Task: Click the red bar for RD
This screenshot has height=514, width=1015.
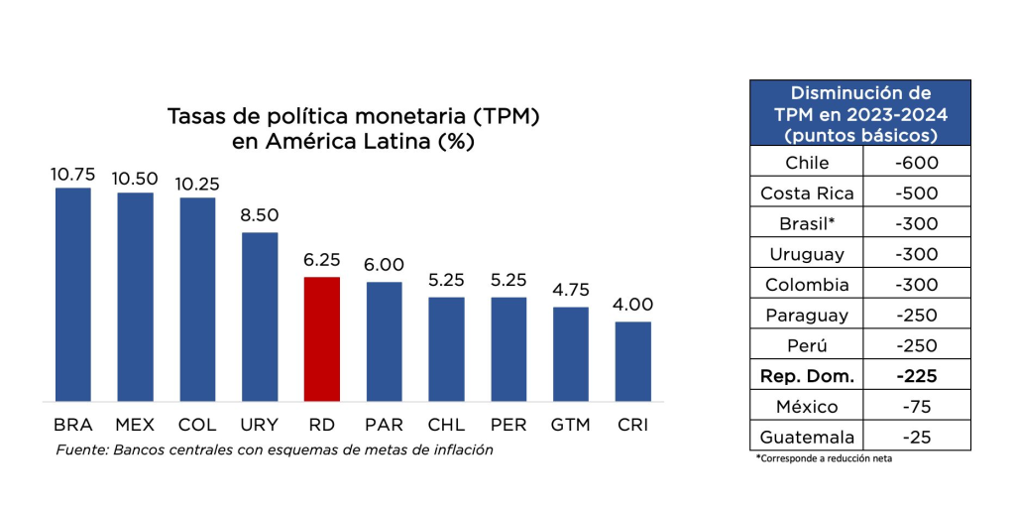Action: click(321, 338)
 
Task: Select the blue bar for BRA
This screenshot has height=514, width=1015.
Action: click(72, 294)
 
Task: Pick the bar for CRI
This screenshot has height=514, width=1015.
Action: click(632, 361)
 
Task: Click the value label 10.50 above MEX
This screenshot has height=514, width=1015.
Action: click(135, 178)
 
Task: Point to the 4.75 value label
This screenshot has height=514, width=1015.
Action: click(570, 291)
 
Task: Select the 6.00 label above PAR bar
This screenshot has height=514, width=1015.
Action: click(384, 266)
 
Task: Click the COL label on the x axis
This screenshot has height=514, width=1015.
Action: click(197, 425)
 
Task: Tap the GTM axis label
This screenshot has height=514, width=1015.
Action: click(570, 425)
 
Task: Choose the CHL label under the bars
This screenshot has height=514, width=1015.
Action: click(446, 425)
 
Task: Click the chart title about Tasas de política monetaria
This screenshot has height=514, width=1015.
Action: click(353, 128)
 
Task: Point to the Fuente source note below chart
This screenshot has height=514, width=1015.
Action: click(275, 450)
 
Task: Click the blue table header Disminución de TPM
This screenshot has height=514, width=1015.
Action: click(860, 114)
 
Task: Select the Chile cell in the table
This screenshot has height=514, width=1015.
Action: click(807, 163)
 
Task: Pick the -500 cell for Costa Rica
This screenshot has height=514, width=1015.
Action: click(916, 193)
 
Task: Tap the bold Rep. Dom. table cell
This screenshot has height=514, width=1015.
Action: click(807, 376)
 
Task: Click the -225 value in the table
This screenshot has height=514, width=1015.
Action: click(916, 376)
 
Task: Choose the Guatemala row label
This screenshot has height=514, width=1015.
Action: click(807, 437)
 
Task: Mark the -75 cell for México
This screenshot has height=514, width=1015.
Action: click(916, 407)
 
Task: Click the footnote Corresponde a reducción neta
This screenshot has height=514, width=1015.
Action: click(824, 458)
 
